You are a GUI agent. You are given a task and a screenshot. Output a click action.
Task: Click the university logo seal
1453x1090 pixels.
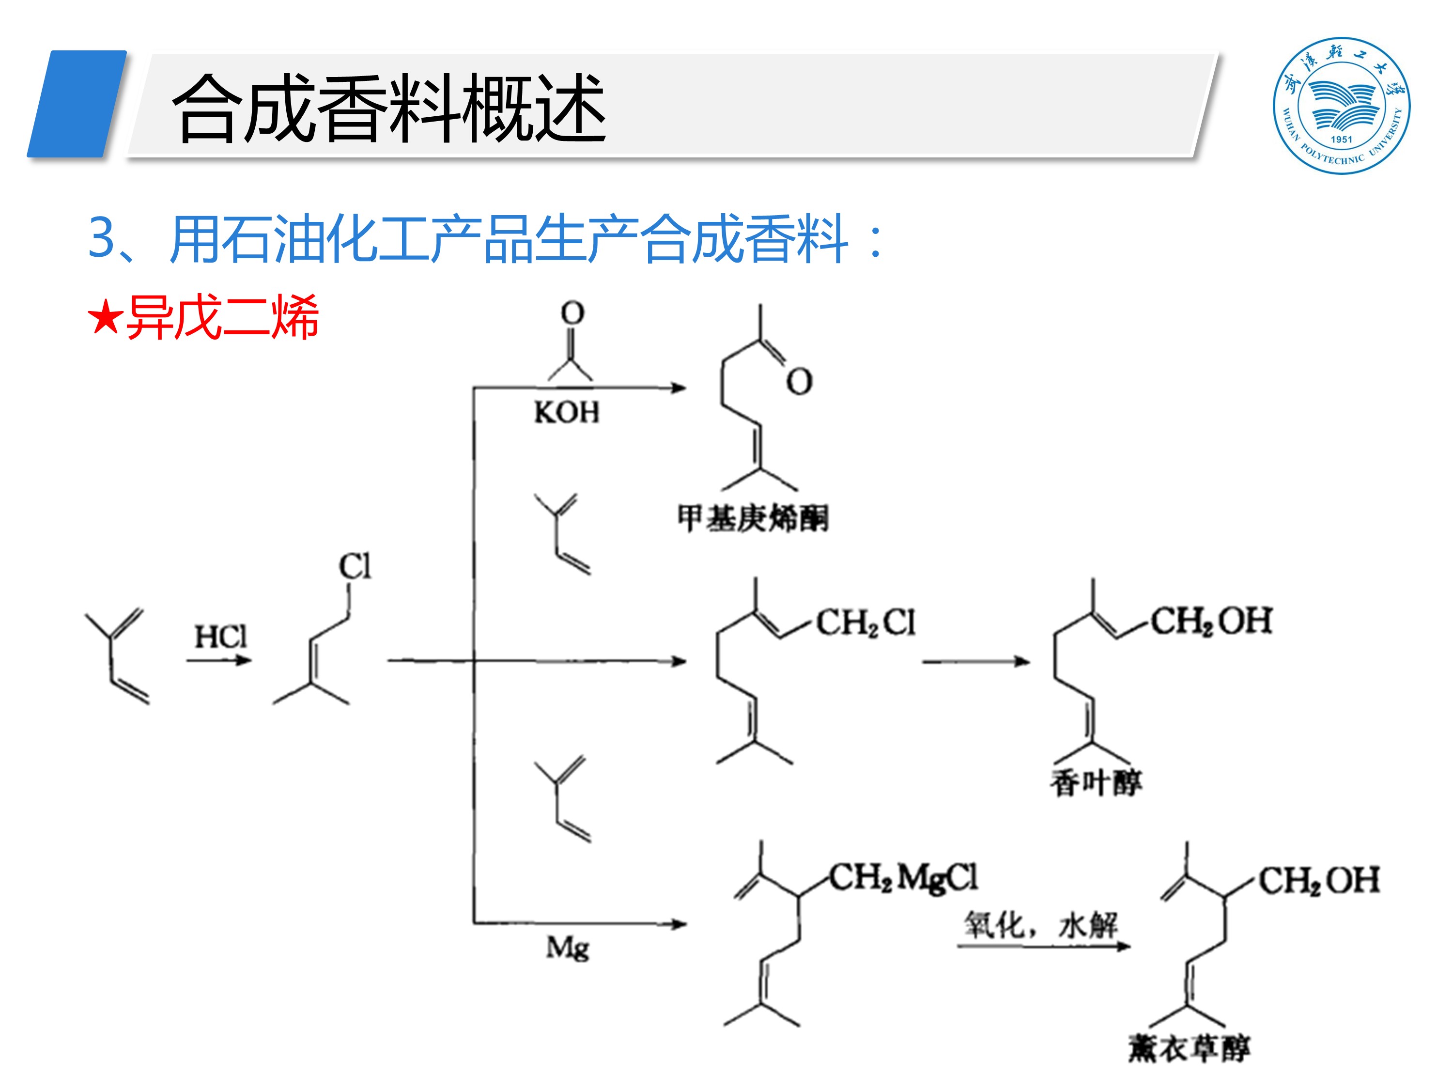pos(1341,105)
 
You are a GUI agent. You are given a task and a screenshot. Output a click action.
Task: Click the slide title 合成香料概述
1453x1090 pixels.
pos(389,109)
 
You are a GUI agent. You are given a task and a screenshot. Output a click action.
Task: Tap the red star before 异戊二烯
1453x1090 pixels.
pos(105,317)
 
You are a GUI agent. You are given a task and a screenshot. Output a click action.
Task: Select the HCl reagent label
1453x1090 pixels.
pos(221,636)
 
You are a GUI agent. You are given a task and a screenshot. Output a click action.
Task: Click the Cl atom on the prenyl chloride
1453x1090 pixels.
pos(355,566)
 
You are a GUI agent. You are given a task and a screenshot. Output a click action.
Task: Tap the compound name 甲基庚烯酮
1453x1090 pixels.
pos(753,518)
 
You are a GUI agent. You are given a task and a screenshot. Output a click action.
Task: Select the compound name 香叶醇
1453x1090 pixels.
pos(1096,782)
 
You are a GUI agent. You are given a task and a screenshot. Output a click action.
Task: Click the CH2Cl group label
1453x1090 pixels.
pos(865,622)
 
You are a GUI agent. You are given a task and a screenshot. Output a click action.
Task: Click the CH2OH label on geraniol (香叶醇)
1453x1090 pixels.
pos(1211,621)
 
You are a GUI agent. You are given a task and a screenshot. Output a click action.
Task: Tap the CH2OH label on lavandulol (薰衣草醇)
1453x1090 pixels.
pos(1318,880)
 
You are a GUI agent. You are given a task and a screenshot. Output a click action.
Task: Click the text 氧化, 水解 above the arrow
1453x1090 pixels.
pos(1040,925)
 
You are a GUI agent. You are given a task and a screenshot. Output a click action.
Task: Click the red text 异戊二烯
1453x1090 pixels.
pos(222,317)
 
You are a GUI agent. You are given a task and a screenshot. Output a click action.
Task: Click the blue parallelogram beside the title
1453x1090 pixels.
pos(77,104)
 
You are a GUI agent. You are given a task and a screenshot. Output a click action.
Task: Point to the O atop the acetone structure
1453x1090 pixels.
pos(572,313)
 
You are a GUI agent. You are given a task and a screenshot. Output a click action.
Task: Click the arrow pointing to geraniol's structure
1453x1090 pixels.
pos(975,662)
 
